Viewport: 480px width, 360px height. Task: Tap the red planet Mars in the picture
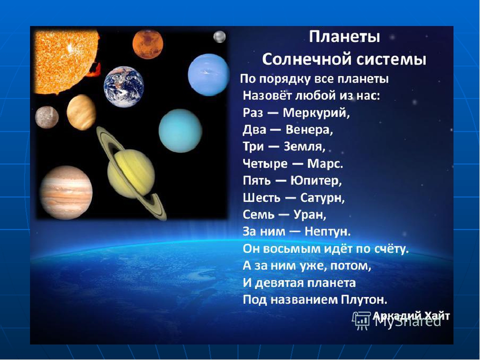[x=148, y=44]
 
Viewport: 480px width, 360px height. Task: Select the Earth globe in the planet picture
[x=123, y=86]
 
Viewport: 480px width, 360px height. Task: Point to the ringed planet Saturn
[x=131, y=173]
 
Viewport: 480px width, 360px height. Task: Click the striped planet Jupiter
[x=66, y=192]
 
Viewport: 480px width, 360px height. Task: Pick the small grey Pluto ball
[x=219, y=36]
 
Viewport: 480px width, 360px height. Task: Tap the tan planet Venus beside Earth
[x=81, y=112]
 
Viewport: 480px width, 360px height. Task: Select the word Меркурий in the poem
[x=316, y=113]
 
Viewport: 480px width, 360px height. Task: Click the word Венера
[x=309, y=130]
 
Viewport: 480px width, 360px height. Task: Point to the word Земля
[x=304, y=147]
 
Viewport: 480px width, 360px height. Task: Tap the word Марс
[x=325, y=164]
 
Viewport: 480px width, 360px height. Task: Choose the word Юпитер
[x=316, y=180]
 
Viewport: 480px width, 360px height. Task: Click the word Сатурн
[x=322, y=198]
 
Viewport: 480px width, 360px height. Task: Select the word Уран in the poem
[x=310, y=214]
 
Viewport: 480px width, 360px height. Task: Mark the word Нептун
[x=327, y=231]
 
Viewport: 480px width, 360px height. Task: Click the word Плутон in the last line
[x=364, y=299]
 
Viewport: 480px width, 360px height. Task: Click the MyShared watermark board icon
[x=361, y=321]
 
